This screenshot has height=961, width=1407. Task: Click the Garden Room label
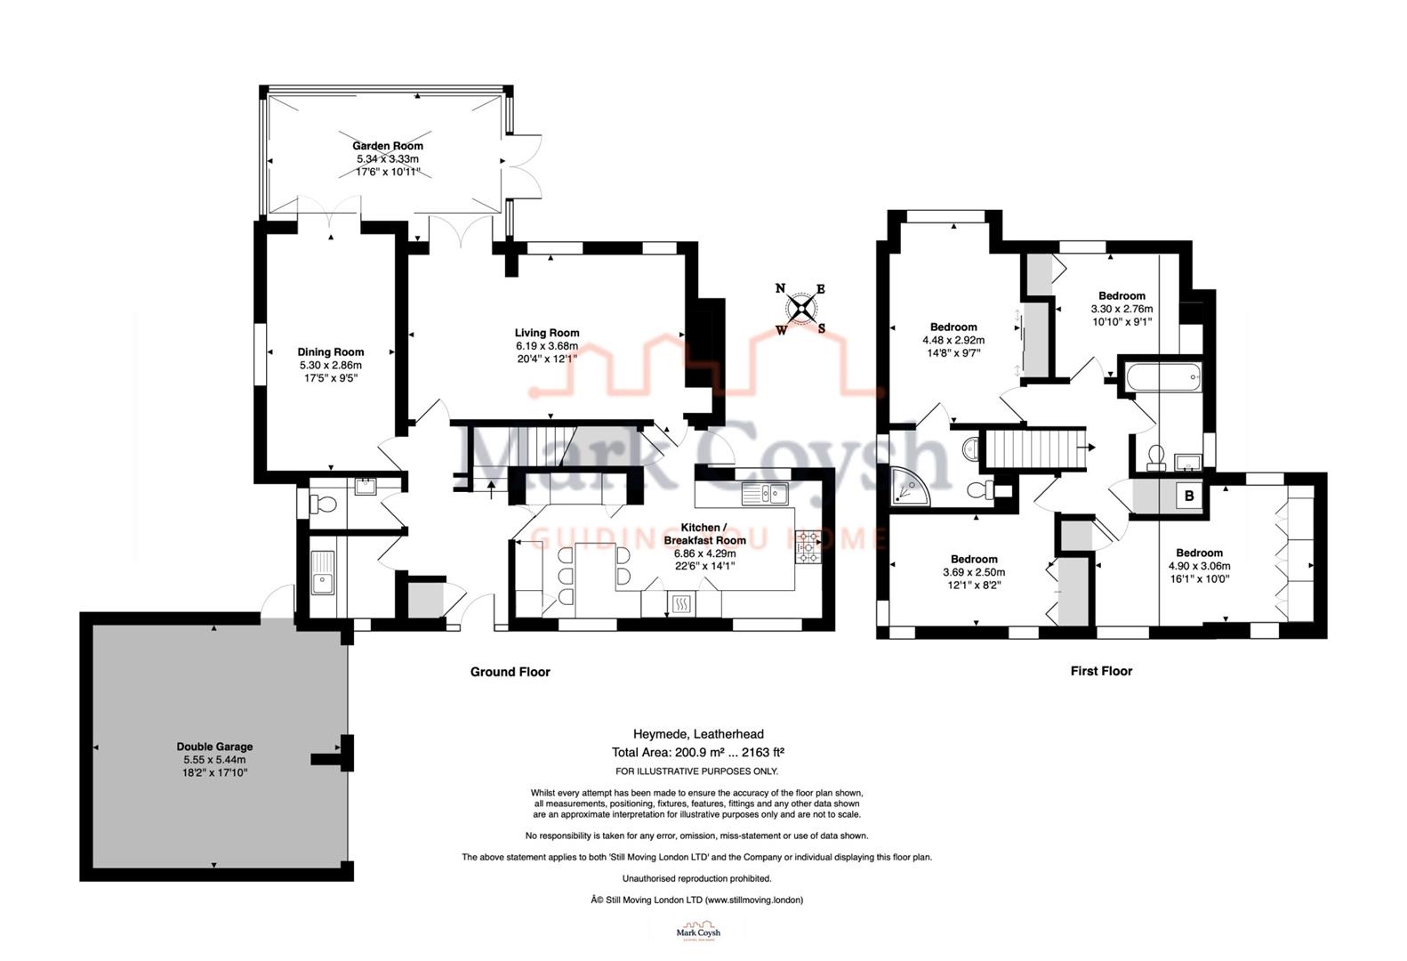(388, 146)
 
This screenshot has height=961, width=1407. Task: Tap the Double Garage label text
(214, 747)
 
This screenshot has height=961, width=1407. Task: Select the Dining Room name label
(331, 351)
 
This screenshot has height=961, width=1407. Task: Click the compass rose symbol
(802, 309)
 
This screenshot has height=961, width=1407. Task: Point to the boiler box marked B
(1189, 497)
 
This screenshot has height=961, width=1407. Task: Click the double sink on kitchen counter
(767, 493)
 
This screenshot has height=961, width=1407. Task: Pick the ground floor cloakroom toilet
(324, 505)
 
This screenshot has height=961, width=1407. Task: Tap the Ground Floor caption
(510, 672)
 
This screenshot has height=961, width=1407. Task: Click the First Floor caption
(1101, 671)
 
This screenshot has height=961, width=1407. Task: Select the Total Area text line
(698, 752)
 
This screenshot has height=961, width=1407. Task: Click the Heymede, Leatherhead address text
(698, 734)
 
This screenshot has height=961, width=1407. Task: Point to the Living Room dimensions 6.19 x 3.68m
(547, 346)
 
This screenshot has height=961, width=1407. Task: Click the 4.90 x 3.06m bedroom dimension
(1199, 566)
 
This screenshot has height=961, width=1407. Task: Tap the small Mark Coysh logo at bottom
(698, 933)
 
